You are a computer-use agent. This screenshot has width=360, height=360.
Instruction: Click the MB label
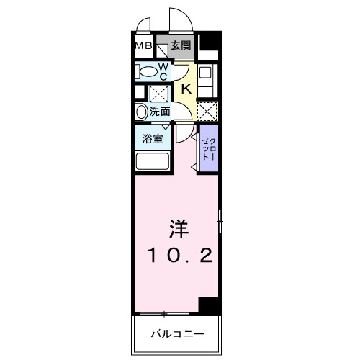[143, 47]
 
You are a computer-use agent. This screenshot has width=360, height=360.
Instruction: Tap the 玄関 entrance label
[181, 46]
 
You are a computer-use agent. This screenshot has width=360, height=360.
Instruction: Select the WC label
[163, 71]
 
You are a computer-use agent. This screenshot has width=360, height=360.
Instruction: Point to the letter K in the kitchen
[185, 89]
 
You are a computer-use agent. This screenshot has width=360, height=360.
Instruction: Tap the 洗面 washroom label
[160, 112]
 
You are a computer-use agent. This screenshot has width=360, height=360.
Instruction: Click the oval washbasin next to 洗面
[141, 112]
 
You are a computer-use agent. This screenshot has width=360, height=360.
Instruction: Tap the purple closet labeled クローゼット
[207, 148]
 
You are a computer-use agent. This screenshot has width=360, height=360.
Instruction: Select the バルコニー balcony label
[177, 334]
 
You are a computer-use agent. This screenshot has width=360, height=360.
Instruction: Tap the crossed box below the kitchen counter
[207, 112]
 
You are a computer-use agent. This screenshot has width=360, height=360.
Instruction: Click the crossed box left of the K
[159, 94]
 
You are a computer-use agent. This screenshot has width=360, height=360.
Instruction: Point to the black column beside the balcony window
[208, 305]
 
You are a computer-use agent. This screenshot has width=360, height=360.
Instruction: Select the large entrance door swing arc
[181, 19]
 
